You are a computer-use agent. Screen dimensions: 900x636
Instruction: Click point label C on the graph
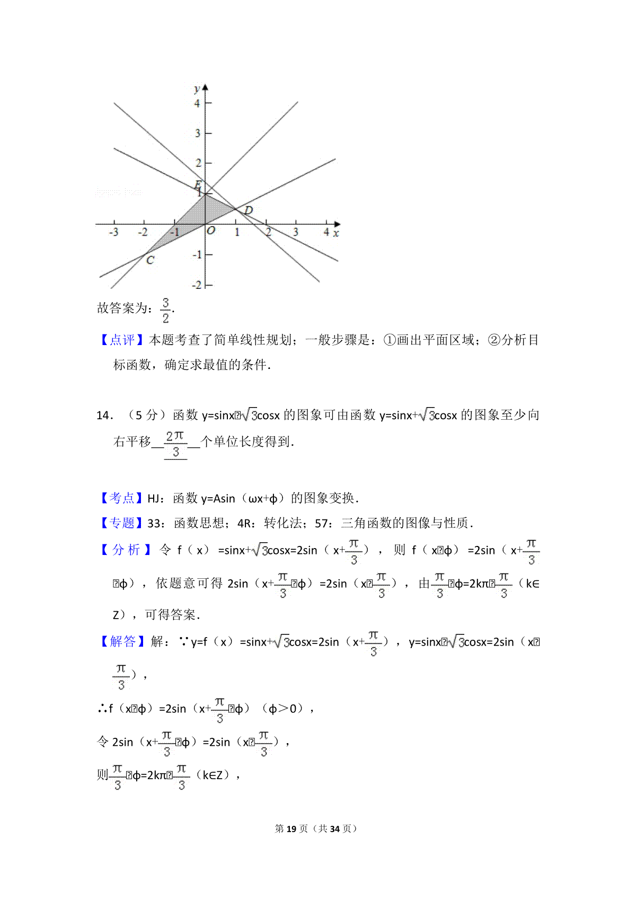point(150,260)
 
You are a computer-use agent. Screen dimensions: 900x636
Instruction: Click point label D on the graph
point(248,210)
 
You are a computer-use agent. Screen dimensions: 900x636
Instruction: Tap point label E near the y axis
point(198,185)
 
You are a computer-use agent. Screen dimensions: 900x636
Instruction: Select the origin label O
point(211,231)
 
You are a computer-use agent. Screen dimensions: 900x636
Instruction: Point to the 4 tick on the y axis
point(197,103)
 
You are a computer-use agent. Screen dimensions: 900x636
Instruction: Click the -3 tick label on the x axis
point(113,232)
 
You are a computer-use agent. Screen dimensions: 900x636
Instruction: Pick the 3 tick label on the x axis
point(295,232)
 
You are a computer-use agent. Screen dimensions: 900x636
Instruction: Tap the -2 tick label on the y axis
point(197,285)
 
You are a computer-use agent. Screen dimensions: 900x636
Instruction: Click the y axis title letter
point(197,89)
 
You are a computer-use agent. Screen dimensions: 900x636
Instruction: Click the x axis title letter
point(336,233)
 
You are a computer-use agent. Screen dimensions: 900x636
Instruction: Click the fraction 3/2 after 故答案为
point(166,310)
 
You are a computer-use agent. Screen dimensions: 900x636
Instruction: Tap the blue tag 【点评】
point(122,340)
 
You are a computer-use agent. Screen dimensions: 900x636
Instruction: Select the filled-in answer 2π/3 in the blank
point(175,444)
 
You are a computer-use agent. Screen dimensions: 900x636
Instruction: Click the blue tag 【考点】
point(122,498)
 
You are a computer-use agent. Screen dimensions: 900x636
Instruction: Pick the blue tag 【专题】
point(122,523)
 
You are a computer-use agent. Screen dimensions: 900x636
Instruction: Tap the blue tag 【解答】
point(122,641)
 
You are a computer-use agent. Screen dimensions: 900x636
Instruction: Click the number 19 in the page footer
point(291,828)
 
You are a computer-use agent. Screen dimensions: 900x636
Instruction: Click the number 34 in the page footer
point(334,828)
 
